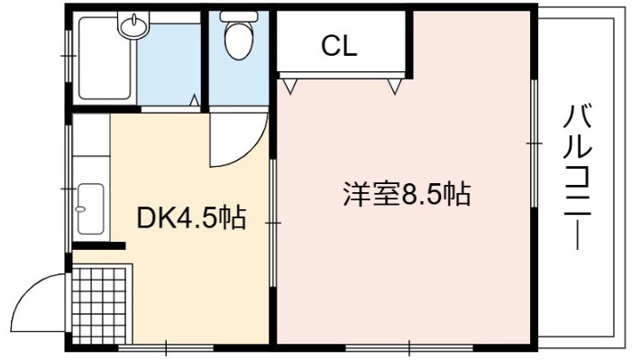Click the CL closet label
click(339, 46)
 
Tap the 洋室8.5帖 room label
click(407, 195)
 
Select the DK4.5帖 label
click(191, 218)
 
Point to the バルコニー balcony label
click(578, 177)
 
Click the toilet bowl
click(239, 40)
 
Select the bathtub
click(105, 58)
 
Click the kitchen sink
click(90, 208)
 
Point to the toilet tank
click(239, 16)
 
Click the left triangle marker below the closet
click(289, 86)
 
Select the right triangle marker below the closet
click(395, 86)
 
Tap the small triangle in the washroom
click(195, 100)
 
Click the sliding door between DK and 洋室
click(273, 223)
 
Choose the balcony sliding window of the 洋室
click(534, 143)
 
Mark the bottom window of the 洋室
click(408, 348)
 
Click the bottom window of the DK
click(166, 348)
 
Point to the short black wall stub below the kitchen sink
click(99, 245)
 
